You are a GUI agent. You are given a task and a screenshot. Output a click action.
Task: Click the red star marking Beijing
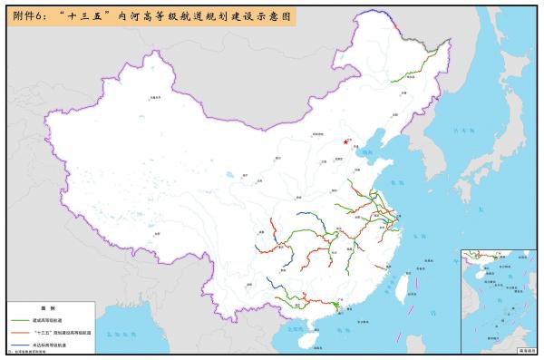click(346, 140)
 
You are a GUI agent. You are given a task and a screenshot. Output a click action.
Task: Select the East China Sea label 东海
click(426, 240)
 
